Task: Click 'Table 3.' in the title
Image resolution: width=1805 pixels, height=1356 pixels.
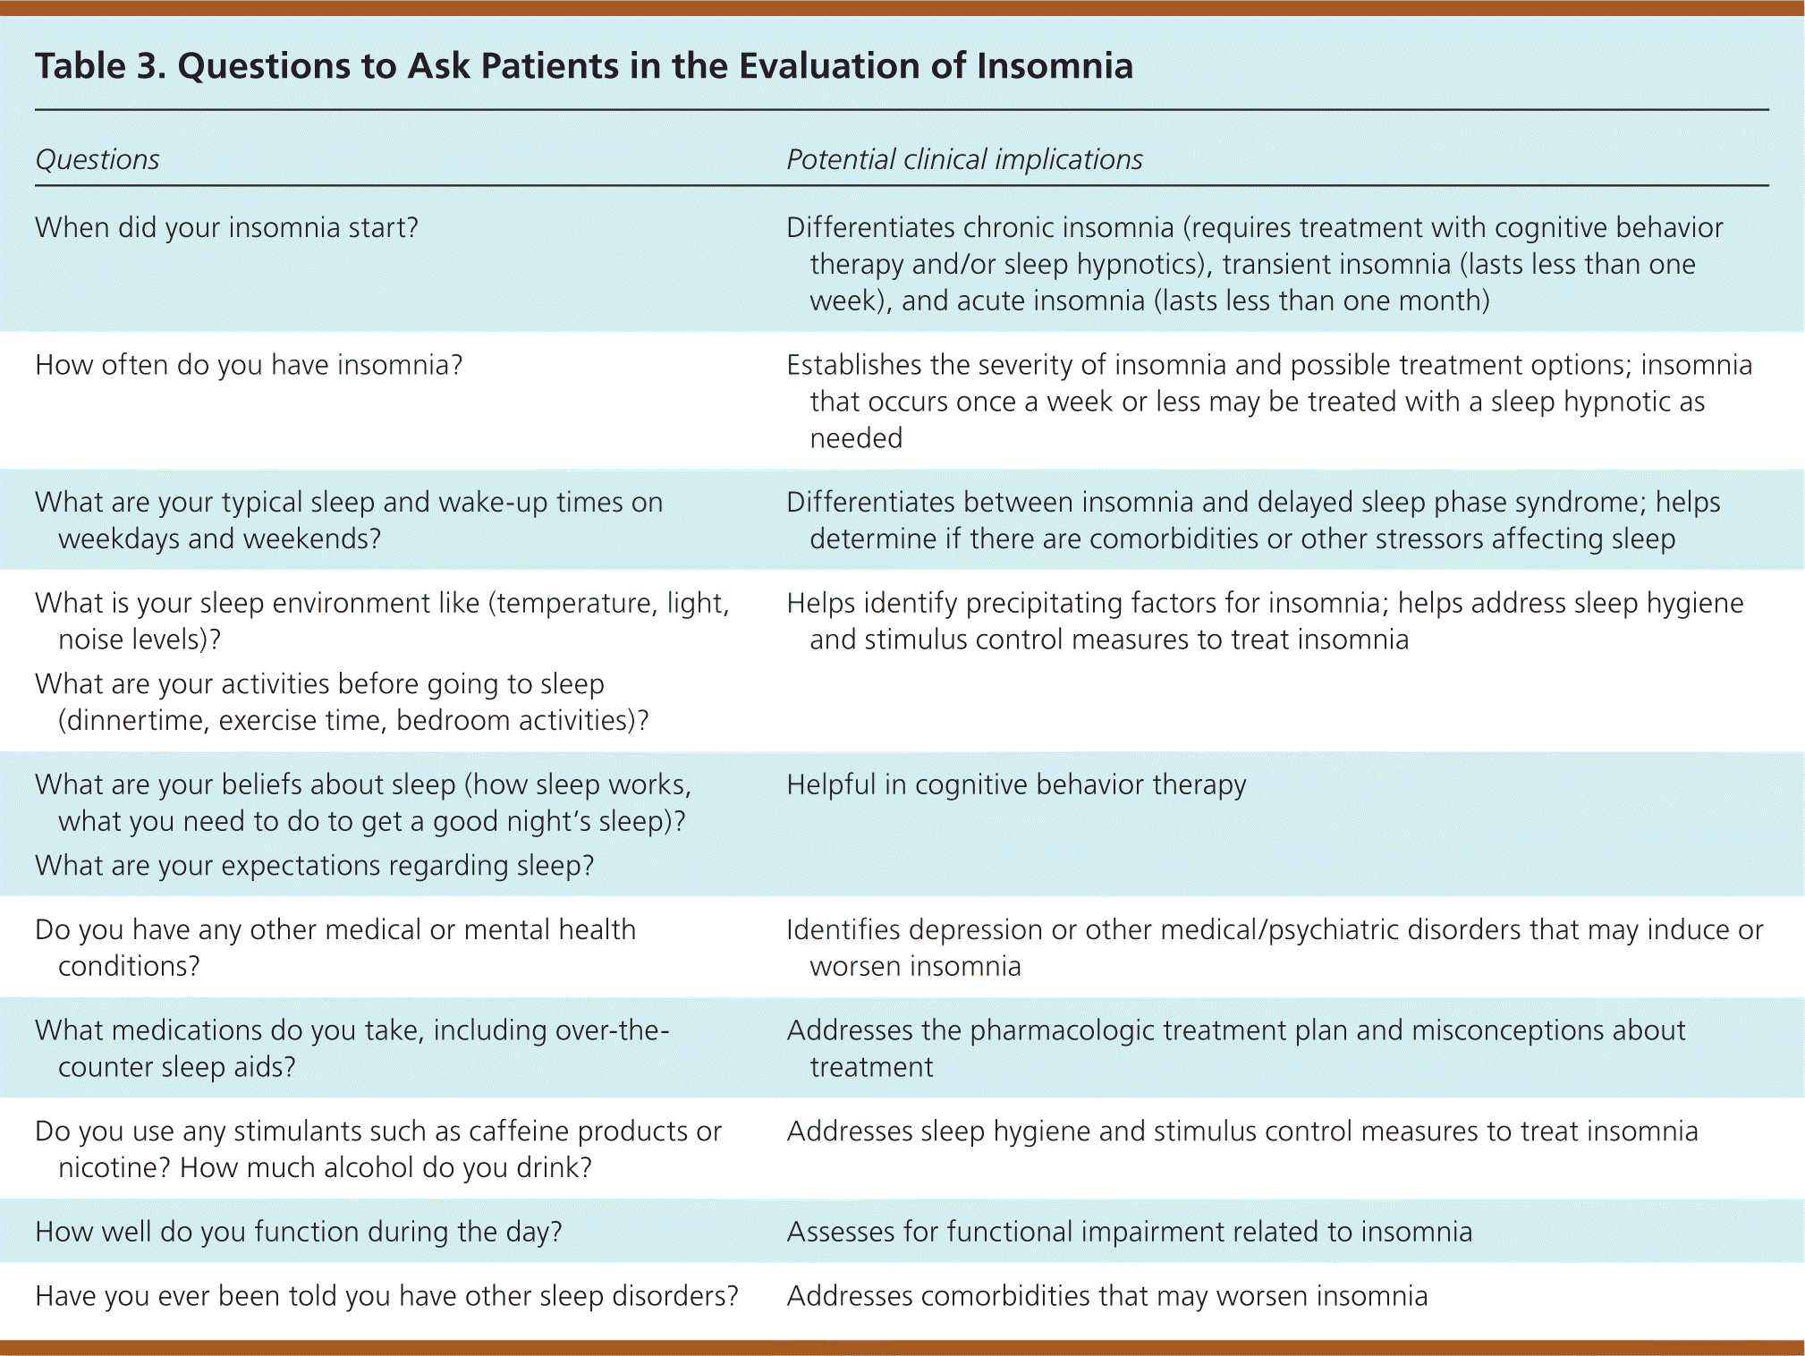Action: coord(101,66)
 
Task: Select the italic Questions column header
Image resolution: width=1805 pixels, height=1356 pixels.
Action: coord(97,159)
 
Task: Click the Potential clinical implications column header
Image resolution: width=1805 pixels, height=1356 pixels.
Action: coord(964,159)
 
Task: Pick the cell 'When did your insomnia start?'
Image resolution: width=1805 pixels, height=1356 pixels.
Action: coord(227,228)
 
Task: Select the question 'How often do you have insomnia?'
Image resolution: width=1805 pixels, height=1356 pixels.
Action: coord(249,365)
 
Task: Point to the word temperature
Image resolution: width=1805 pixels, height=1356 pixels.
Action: coord(574,604)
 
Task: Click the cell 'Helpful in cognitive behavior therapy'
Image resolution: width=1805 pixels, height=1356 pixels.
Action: coord(1016,785)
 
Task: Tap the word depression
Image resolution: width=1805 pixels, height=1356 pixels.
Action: coord(976,930)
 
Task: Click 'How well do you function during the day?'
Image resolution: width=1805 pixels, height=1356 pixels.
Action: coord(299,1233)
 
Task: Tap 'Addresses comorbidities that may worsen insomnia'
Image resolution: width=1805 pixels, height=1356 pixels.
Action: coord(1107,1296)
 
